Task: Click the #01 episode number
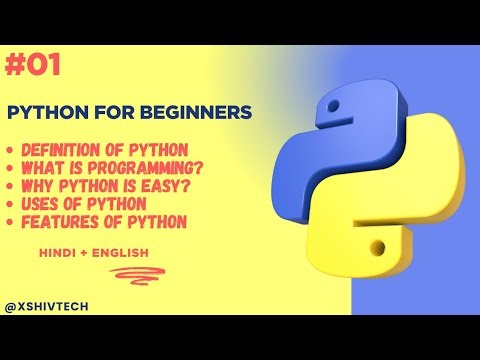pos(33,66)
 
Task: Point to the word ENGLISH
pos(121,252)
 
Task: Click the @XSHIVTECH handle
pos(47,307)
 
